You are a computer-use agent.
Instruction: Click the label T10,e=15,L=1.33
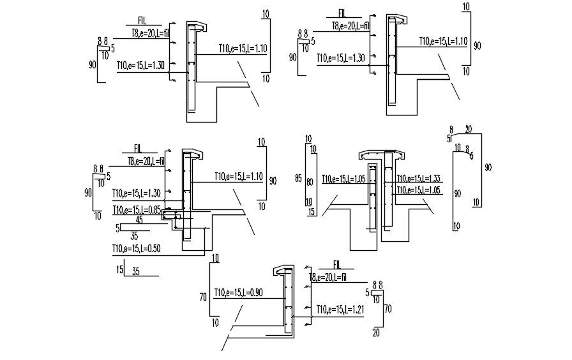(419, 179)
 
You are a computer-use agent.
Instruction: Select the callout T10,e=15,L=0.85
(136, 209)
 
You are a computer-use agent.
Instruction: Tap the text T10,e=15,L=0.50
(136, 248)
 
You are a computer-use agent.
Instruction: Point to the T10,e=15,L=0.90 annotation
(240, 292)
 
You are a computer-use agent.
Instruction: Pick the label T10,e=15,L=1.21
(340, 310)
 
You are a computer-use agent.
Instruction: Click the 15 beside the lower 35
(119, 270)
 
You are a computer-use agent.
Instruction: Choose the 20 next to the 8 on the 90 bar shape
(469, 129)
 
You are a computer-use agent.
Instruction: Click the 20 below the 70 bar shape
(375, 333)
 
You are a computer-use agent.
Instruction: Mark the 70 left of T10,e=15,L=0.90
(203, 297)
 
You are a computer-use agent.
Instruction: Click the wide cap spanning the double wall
(382, 156)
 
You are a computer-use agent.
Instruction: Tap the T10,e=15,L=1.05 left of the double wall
(343, 179)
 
